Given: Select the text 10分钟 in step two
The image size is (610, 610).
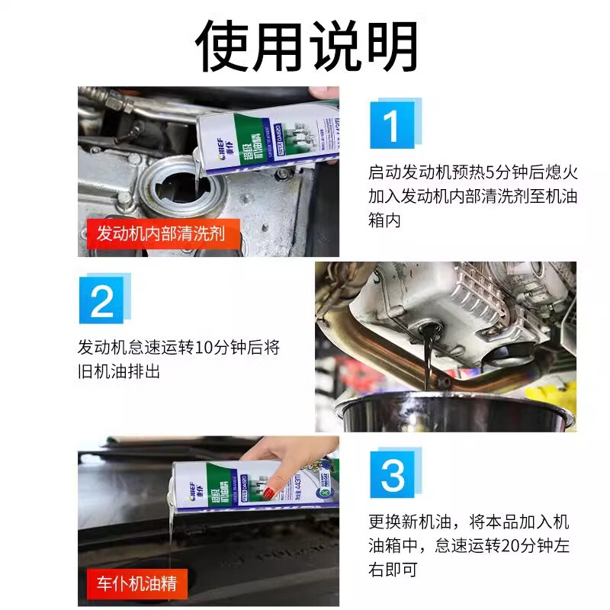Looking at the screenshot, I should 218,347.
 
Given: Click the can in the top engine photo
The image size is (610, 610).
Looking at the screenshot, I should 267,137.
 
